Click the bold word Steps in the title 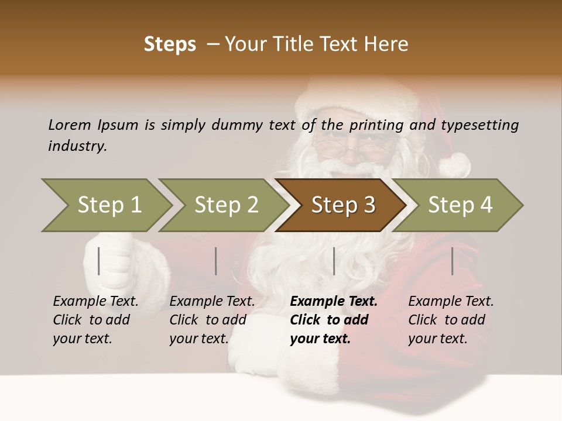pyautogui.click(x=170, y=44)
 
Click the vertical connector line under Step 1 pyautogui.click(x=99, y=261)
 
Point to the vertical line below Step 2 pyautogui.click(x=216, y=261)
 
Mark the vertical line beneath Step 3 pyautogui.click(x=334, y=261)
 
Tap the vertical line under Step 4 pyautogui.click(x=452, y=261)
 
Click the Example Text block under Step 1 pyautogui.click(x=95, y=320)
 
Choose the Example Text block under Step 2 pyautogui.click(x=211, y=320)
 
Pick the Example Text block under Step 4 pyautogui.click(x=450, y=320)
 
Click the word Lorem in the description pyautogui.click(x=70, y=125)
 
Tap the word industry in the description pyautogui.click(x=77, y=146)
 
